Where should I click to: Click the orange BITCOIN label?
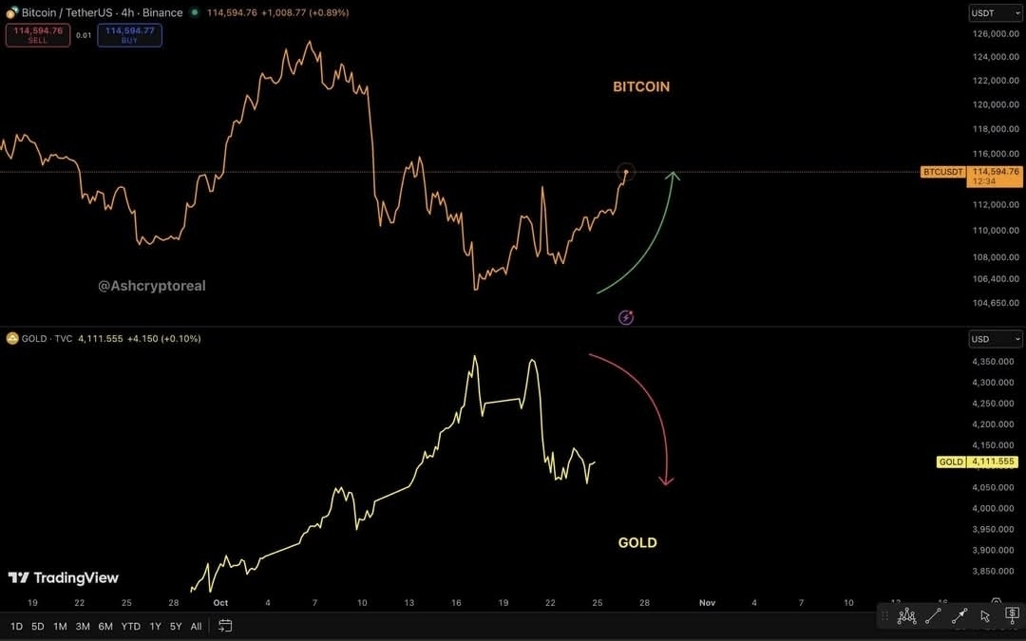(x=641, y=86)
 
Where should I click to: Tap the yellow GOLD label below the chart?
(x=637, y=543)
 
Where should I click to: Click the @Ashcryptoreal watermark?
(x=152, y=286)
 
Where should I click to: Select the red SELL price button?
(x=38, y=35)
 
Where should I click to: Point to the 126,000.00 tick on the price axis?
(x=996, y=34)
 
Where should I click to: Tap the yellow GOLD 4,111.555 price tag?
(x=979, y=462)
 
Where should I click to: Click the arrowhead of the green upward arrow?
(x=673, y=175)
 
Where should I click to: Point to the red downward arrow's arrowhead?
(x=667, y=481)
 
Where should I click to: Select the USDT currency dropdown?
(x=995, y=13)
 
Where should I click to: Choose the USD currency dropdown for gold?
(x=995, y=339)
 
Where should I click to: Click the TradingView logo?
(x=64, y=577)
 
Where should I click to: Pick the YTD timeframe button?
(x=131, y=626)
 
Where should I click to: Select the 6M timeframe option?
(x=105, y=626)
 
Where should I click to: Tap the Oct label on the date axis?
(x=221, y=602)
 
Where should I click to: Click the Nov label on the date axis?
(x=707, y=602)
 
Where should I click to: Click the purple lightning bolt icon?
(x=626, y=317)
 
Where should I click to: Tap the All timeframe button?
(x=196, y=626)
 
